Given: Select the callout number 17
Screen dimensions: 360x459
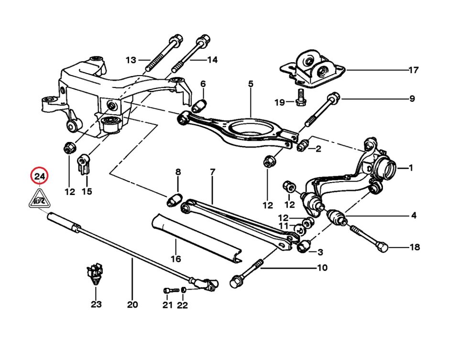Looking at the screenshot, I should (414, 70).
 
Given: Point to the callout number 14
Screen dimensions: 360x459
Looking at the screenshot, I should (212, 60).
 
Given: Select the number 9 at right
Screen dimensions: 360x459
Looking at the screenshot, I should (412, 99).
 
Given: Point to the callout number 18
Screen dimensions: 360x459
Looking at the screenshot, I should (415, 247).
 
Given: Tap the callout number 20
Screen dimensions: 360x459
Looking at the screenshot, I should (132, 305).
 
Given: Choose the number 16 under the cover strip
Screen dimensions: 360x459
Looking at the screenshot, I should (176, 259).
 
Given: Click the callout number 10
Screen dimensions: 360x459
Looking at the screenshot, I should (323, 268).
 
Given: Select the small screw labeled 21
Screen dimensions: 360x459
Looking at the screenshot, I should (167, 290).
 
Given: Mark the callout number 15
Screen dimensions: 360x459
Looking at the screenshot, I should (87, 192).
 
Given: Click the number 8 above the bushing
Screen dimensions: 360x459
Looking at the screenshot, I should (178, 172).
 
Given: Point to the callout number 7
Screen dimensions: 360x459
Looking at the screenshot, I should (212, 172).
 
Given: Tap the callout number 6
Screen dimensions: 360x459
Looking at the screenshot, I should (203, 84).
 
